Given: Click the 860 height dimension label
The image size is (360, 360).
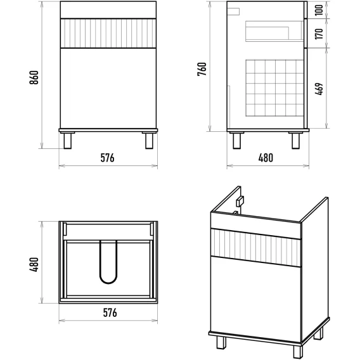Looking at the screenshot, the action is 34,77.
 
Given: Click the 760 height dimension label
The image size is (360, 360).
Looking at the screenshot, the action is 202,69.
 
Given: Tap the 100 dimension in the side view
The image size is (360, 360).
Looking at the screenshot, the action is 319,10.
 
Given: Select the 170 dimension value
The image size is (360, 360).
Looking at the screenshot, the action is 319,34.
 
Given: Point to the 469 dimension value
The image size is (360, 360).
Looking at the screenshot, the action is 319,89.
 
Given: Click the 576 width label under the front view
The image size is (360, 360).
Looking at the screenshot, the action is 108,158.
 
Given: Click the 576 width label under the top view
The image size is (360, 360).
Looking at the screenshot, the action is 110,312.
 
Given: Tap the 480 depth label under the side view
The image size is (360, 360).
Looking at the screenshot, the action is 266,158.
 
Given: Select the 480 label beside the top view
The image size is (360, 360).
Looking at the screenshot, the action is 34,265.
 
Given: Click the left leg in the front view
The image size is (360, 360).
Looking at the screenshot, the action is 67,141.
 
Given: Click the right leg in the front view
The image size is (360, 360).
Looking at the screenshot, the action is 149,141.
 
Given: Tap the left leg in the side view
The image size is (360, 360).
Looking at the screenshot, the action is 236,141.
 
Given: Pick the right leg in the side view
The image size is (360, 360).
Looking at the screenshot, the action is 296,141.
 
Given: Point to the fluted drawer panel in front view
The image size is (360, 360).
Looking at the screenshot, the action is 108,34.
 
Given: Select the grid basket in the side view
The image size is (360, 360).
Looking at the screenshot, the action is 275,88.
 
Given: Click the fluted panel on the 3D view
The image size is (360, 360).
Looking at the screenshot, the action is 255,248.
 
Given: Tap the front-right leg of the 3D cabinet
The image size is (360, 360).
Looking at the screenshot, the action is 298,351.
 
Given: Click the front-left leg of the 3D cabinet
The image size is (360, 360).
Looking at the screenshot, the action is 221,343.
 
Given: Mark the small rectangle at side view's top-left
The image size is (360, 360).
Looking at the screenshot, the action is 234,11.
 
